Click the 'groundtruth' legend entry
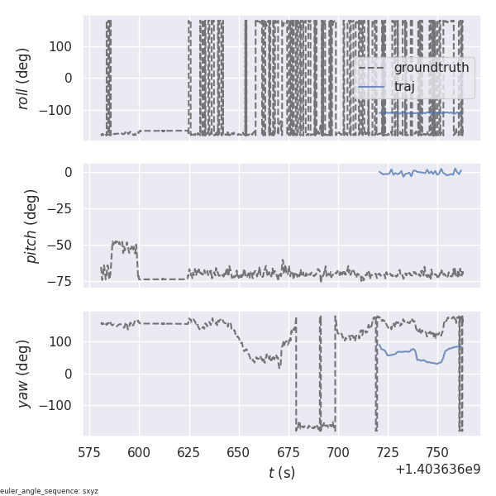point(431,68)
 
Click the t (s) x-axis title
point(281,473)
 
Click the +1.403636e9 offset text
point(437,469)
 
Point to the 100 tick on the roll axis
point(60,46)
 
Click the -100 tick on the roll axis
point(56,111)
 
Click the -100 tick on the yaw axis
point(56,406)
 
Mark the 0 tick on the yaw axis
point(69,374)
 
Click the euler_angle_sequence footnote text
point(50,491)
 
